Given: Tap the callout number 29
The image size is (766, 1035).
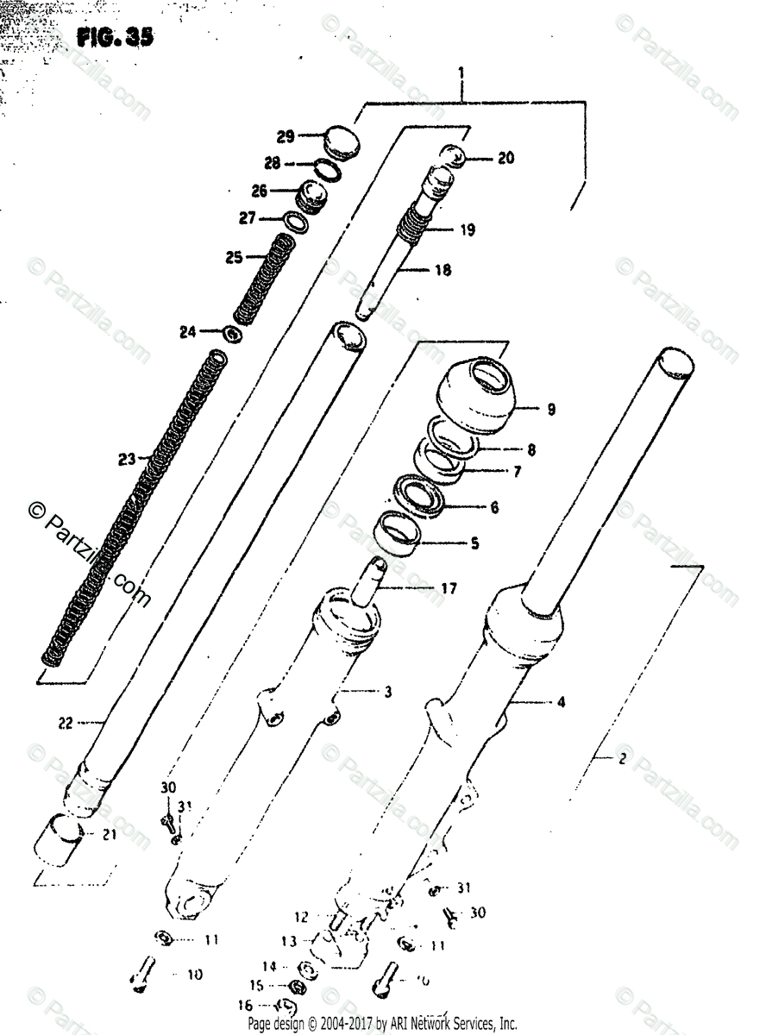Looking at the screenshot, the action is tap(286, 135).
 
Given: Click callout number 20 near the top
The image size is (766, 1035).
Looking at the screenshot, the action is tap(505, 157).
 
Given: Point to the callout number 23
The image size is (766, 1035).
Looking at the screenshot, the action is tap(127, 460).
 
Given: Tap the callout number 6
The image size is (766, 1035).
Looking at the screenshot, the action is tap(494, 507).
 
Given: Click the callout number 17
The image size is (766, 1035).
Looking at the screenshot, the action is tap(448, 589).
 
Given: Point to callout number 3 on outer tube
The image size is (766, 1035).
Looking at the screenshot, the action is tap(388, 692).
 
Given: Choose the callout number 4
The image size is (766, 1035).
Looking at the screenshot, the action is tap(561, 703).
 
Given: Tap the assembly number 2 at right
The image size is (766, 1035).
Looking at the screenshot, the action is tap(620, 760).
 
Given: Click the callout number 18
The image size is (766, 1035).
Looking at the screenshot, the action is tap(443, 270).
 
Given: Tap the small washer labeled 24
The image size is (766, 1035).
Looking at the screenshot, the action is tap(233, 332).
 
